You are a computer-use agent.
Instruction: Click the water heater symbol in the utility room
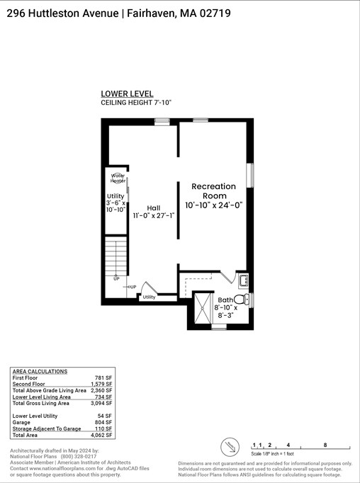(x=118, y=177)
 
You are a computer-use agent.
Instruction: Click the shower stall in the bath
(x=205, y=309)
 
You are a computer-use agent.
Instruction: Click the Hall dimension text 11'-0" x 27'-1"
(x=153, y=215)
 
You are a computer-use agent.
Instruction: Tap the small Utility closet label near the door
(x=149, y=297)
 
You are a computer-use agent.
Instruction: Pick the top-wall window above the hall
(x=162, y=122)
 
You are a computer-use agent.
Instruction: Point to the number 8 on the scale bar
(x=325, y=445)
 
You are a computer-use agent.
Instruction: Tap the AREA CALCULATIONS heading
(x=40, y=371)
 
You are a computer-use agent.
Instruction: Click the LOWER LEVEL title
(x=122, y=93)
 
